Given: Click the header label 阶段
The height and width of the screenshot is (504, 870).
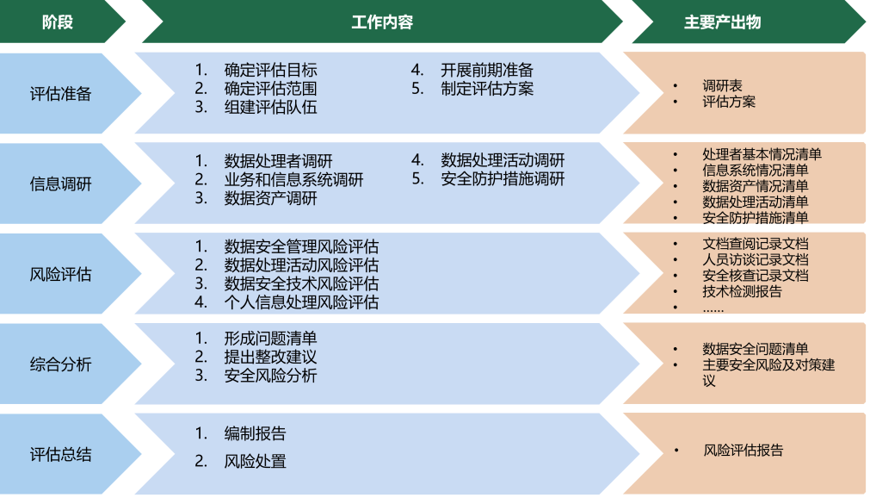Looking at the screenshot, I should coord(58,22).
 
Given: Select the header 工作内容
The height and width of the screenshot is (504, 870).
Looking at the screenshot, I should coord(382,22).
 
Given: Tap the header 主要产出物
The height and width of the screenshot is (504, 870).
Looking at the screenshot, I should coord(722,22).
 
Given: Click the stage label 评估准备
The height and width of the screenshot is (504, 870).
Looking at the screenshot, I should coord(60,94).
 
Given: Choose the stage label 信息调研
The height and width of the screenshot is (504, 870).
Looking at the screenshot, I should coord(60,184).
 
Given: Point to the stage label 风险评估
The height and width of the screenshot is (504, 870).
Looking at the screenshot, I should coord(60,275).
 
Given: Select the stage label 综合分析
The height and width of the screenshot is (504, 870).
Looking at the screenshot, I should coord(60,364).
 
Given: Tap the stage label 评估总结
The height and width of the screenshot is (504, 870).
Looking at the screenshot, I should coord(60,454).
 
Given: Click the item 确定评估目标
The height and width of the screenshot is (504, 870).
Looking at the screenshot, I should coord(270,70).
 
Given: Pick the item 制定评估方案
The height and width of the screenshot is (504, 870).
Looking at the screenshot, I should coord(487,89).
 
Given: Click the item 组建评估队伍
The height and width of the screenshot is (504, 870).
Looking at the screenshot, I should coord(270,108).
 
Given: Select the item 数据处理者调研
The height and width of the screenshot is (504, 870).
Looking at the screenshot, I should coord(278,161).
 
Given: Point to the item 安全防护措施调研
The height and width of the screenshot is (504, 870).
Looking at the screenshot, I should coord(503,179).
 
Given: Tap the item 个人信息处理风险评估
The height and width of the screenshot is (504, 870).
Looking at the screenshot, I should coord(301,302).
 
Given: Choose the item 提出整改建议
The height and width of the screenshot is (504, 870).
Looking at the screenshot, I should coord(270,357).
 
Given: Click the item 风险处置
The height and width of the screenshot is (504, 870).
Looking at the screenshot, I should coord(255,461).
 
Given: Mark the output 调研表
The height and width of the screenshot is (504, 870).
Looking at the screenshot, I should coord(722,86).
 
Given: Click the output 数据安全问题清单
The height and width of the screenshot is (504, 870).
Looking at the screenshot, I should coord(755,349).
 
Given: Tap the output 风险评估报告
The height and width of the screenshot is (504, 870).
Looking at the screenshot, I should coord(744,451).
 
